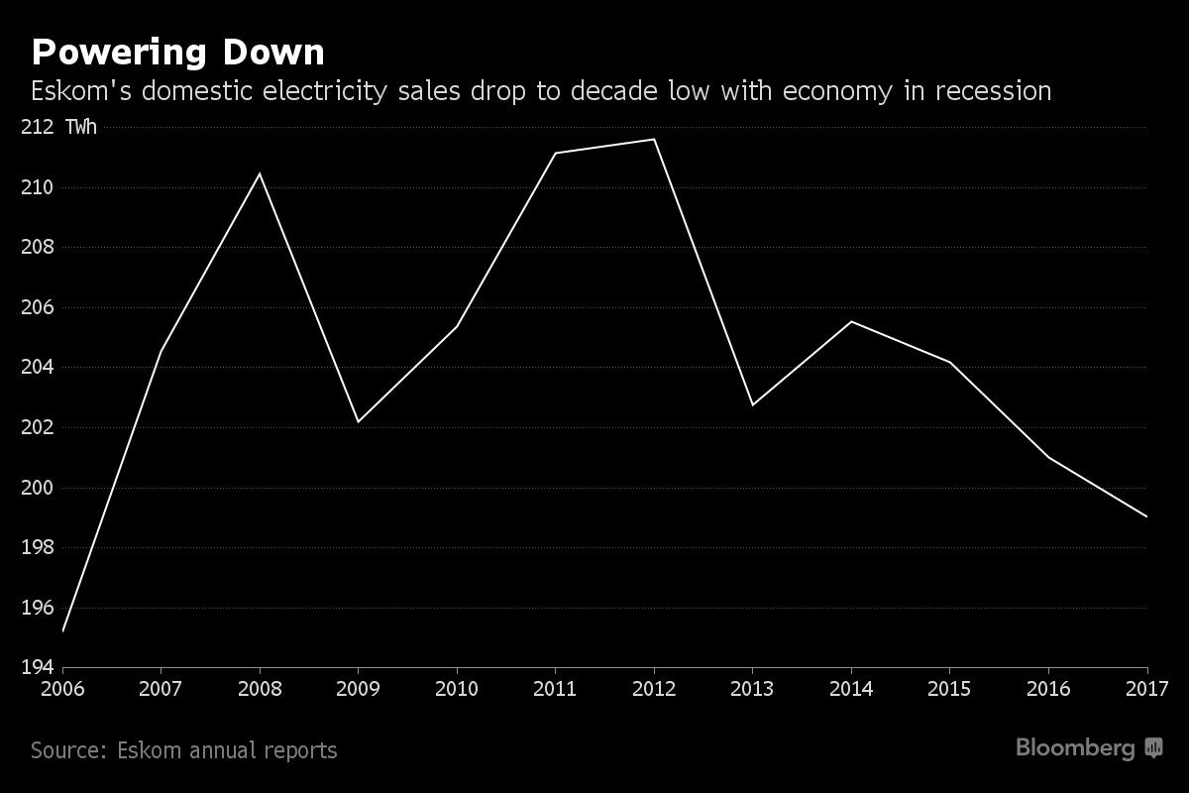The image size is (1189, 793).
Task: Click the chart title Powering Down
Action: click(x=177, y=52)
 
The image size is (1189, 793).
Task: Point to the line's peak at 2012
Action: click(x=654, y=139)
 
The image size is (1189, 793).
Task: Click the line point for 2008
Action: click(x=260, y=173)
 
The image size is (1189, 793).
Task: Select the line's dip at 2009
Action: click(x=359, y=422)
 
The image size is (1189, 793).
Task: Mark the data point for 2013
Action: click(x=753, y=404)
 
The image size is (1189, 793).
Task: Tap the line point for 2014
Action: click(x=851, y=321)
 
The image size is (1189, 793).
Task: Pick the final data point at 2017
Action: click(x=1147, y=516)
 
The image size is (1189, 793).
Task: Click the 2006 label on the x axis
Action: click(x=63, y=687)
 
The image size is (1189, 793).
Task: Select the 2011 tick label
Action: click(x=556, y=687)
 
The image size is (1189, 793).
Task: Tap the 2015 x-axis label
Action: click(x=950, y=687)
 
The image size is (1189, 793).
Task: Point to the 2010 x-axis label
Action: click(x=458, y=687)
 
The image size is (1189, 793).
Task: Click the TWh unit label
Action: click(x=81, y=127)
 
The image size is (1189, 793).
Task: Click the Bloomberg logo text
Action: click(x=1074, y=748)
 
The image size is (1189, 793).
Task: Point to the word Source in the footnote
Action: click(x=65, y=750)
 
